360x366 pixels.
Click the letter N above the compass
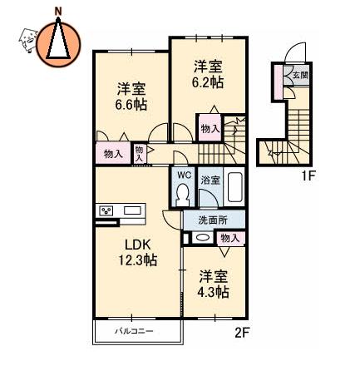pyautogui.click(x=58, y=11)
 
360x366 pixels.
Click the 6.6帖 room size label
pyautogui.click(x=131, y=105)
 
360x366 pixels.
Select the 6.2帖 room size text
pyautogui.click(x=208, y=82)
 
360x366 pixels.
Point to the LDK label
pyautogui.click(x=138, y=245)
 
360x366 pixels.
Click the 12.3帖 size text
pyautogui.click(x=138, y=260)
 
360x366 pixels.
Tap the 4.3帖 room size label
pyautogui.click(x=213, y=291)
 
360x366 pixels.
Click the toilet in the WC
pyautogui.click(x=183, y=195)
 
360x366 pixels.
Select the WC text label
pyautogui.click(x=185, y=175)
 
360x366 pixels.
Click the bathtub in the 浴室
pyautogui.click(x=235, y=187)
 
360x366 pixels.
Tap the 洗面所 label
pyautogui.click(x=213, y=220)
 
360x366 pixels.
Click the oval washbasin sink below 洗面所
pyautogui.click(x=202, y=238)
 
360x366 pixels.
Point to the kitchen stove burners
pyautogui.click(x=106, y=211)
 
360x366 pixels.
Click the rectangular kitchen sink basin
pyautogui.click(x=132, y=210)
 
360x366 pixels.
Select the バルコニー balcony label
pyautogui.click(x=135, y=331)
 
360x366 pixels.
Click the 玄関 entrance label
pyautogui.click(x=300, y=75)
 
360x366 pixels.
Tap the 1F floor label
pyautogui.click(x=308, y=176)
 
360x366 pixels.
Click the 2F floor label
pyautogui.click(x=243, y=333)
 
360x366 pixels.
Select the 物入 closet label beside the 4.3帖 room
pyautogui.click(x=230, y=238)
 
